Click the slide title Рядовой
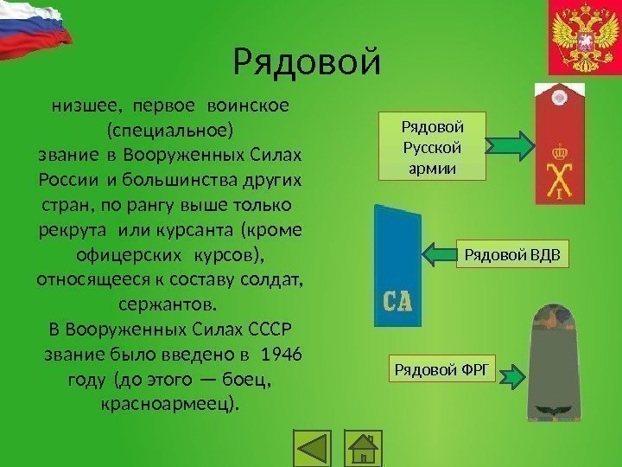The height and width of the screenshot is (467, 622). click(307, 61)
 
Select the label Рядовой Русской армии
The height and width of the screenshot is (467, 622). click(433, 146)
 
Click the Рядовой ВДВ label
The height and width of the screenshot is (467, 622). click(512, 254)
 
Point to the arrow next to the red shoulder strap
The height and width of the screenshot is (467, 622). click(515, 146)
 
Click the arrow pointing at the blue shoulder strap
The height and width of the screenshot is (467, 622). click(439, 254)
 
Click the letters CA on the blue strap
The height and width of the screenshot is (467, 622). click(397, 301)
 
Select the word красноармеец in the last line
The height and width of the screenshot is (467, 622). click(169, 404)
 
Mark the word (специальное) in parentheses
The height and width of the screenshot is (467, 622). click(169, 131)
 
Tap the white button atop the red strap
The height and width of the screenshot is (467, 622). click(559, 97)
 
